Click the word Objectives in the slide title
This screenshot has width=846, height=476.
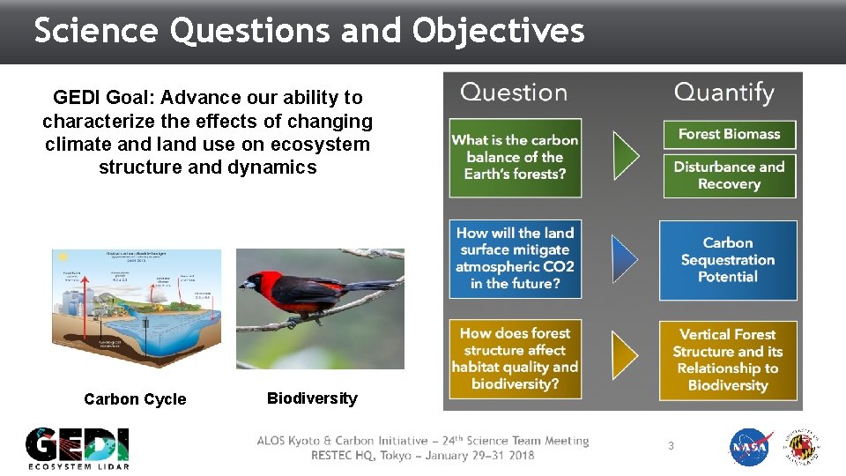[498, 31]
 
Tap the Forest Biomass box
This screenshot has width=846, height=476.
[729, 134]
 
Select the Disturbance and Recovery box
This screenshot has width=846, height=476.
[729, 175]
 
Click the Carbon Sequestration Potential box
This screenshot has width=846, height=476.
[728, 260]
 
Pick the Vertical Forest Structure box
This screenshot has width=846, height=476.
[728, 360]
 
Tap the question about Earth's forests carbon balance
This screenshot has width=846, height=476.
[516, 157]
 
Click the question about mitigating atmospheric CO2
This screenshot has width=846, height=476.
[516, 258]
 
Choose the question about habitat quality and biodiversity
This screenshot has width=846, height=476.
[516, 359]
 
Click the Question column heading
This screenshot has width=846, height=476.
[514, 93]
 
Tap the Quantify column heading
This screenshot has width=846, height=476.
[724, 93]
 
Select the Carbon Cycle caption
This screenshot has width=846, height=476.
[135, 399]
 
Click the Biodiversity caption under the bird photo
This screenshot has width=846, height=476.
[312, 398]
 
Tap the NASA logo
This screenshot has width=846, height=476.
[750, 448]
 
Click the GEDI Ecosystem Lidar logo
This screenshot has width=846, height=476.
[78, 448]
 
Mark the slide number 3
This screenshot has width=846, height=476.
[671, 446]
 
